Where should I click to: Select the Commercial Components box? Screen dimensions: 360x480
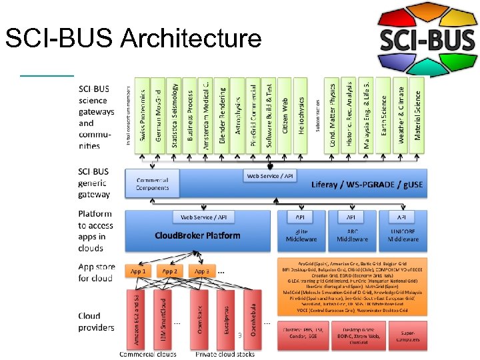[x=153, y=184]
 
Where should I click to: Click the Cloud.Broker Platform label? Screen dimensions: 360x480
[x=197, y=235]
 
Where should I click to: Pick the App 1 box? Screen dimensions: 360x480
[x=139, y=271]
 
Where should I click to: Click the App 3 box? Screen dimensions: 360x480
[x=202, y=271]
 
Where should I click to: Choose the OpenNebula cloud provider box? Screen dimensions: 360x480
[x=250, y=317]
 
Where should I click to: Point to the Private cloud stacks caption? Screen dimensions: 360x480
[x=225, y=354]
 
